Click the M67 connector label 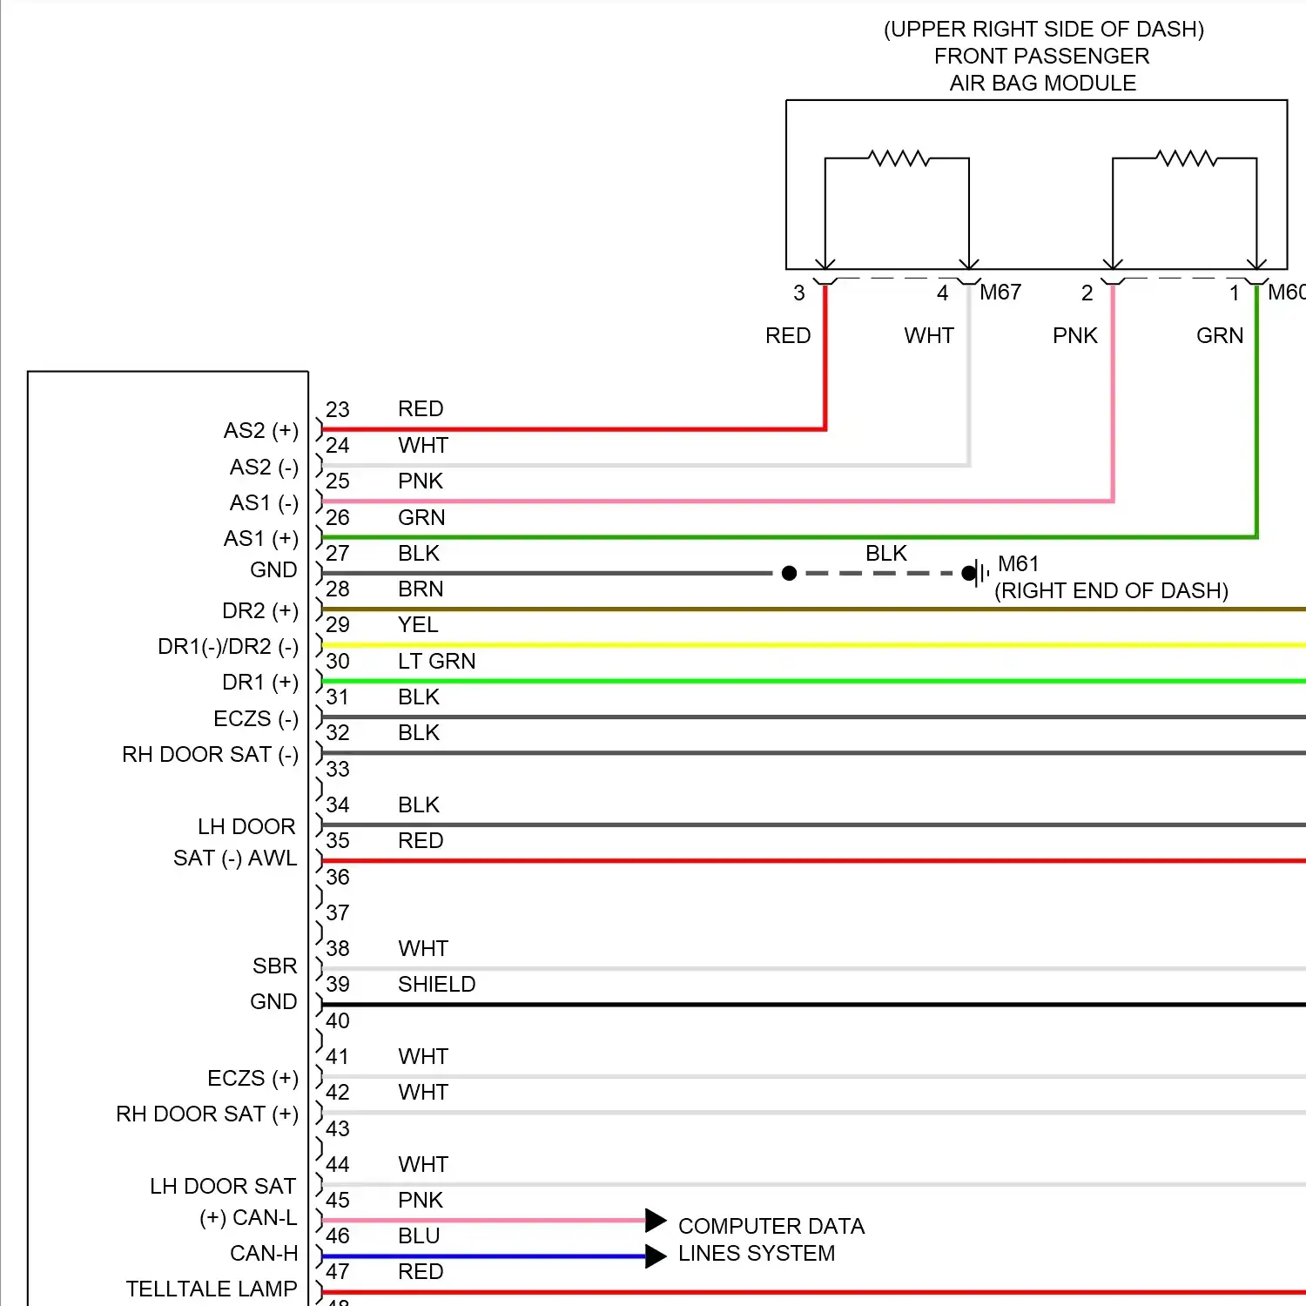(x=1000, y=293)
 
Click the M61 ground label (x=1018, y=564)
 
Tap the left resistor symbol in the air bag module (x=899, y=158)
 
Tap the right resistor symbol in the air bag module (x=1186, y=158)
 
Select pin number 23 (x=337, y=410)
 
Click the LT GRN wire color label (x=436, y=662)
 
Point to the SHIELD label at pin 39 (x=436, y=985)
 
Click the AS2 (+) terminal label (x=260, y=431)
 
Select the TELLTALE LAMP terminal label (x=212, y=1289)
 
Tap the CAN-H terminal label (x=263, y=1253)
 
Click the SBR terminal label (x=274, y=966)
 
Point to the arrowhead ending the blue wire (x=656, y=1256)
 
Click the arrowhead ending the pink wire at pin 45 (x=656, y=1221)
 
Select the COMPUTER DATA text (x=771, y=1227)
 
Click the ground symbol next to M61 (x=980, y=573)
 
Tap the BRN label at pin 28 (x=421, y=589)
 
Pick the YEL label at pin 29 (x=418, y=625)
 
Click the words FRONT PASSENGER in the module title (x=1041, y=57)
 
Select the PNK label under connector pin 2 (x=1074, y=336)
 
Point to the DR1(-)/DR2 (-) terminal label (x=227, y=647)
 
